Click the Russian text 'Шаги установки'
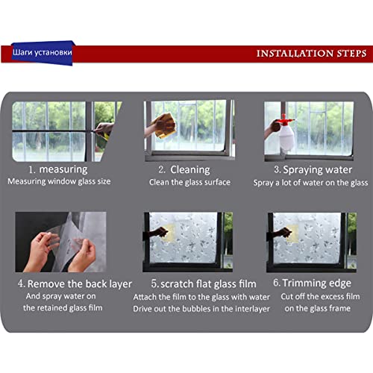coord(42,53)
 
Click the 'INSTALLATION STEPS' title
coord(310,53)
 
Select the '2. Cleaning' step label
coord(184,169)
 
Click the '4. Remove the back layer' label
coord(75,283)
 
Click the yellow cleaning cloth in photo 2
coord(163,125)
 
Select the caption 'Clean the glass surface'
coord(189,181)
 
